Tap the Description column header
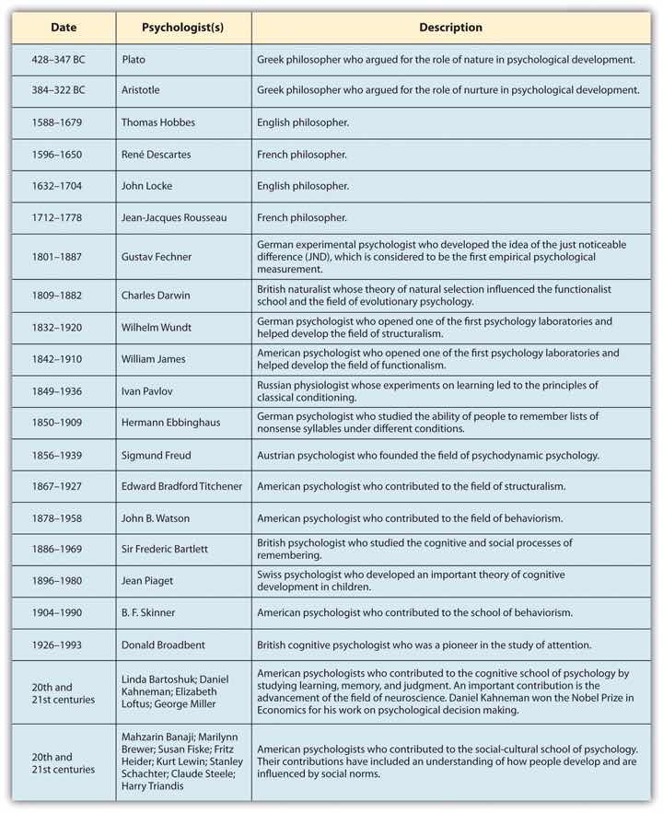coord(450,28)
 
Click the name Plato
coord(135,59)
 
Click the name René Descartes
coord(157,154)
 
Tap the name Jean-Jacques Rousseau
coord(174,217)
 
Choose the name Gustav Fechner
coord(159,256)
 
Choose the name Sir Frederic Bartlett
coord(165,549)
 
